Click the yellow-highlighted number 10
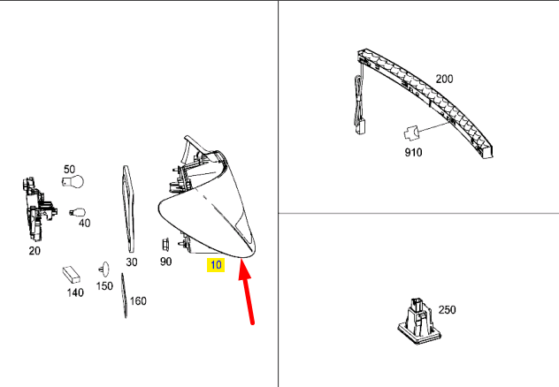pos(216,264)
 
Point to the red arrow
pos(247,297)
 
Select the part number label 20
pos(34,250)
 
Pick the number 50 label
pos(68,168)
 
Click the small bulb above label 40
pos(78,212)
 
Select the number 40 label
pos(84,224)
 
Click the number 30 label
pos(132,262)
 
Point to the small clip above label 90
pos(165,243)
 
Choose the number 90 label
pos(166,262)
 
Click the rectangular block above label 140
pos(71,274)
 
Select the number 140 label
pos(74,292)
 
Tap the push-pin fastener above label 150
pos(105,268)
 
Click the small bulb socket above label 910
pos(410,133)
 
